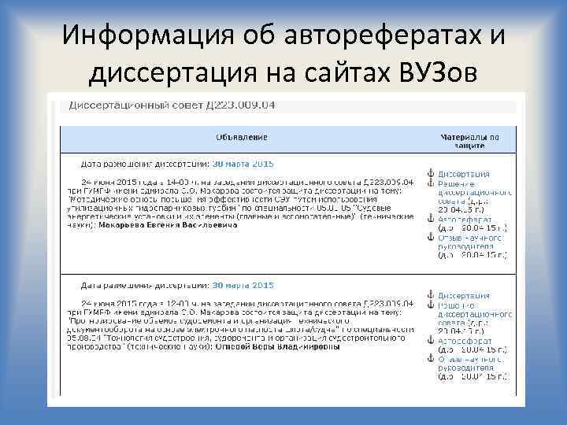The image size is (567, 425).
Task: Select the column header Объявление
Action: click(241, 137)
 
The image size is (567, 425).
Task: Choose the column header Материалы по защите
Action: click(469, 141)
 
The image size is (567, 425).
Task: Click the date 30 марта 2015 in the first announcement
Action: click(243, 164)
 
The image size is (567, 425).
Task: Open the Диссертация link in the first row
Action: click(464, 174)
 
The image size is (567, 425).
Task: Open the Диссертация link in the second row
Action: click(464, 296)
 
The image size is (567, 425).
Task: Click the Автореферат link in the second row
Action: click(467, 341)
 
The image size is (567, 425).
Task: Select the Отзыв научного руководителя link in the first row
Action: click(470, 241)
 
